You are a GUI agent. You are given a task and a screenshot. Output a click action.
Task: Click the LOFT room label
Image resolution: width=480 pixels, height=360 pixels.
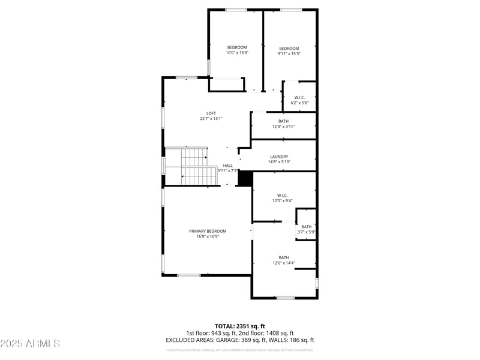211,113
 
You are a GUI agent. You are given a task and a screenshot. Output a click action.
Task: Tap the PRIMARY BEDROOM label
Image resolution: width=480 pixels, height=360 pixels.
208,231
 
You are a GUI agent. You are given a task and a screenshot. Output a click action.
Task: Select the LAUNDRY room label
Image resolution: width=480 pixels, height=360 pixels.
279,157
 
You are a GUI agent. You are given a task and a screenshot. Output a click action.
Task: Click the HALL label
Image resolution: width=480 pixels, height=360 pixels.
228,166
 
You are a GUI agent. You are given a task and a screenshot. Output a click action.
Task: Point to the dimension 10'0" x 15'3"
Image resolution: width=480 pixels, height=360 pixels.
237,53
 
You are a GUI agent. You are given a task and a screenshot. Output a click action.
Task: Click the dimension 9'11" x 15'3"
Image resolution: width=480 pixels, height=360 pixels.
289,54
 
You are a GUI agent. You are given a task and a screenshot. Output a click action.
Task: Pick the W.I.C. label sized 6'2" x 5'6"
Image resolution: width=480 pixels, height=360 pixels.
299,98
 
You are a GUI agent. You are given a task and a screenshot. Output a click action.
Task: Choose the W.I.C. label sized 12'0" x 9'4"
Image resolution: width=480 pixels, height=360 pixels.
283,196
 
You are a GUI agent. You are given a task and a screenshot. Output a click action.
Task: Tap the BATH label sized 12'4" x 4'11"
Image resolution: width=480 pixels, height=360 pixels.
283,121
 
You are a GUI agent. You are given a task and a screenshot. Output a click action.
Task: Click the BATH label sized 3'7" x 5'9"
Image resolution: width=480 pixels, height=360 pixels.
306,226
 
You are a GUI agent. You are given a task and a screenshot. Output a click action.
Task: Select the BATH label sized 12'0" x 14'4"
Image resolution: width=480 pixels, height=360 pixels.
283,257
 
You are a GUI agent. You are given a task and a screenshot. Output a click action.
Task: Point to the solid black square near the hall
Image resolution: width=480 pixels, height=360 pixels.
245,178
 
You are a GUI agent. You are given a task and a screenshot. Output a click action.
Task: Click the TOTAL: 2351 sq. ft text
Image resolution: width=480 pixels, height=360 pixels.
240,326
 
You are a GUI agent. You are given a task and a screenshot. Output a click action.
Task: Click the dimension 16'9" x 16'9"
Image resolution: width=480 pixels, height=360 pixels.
208,236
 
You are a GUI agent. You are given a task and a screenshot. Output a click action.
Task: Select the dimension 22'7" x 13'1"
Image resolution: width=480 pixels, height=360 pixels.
211,119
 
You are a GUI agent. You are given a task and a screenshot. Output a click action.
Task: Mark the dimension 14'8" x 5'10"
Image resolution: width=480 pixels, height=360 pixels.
279,162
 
